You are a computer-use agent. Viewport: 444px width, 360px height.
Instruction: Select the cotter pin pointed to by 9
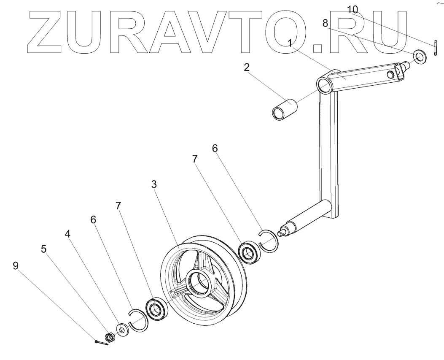pyautogui.click(x=102, y=342)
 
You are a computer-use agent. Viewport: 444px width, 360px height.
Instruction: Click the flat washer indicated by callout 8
pyautogui.click(x=420, y=56)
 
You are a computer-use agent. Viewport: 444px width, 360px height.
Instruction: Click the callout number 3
pyautogui.click(x=154, y=184)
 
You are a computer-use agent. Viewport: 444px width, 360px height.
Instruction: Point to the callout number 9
pyautogui.click(x=16, y=265)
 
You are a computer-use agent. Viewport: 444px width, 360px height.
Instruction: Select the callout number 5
pyautogui.click(x=43, y=249)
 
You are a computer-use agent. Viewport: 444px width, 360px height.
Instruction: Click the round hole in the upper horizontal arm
pyautogui.click(x=390, y=74)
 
